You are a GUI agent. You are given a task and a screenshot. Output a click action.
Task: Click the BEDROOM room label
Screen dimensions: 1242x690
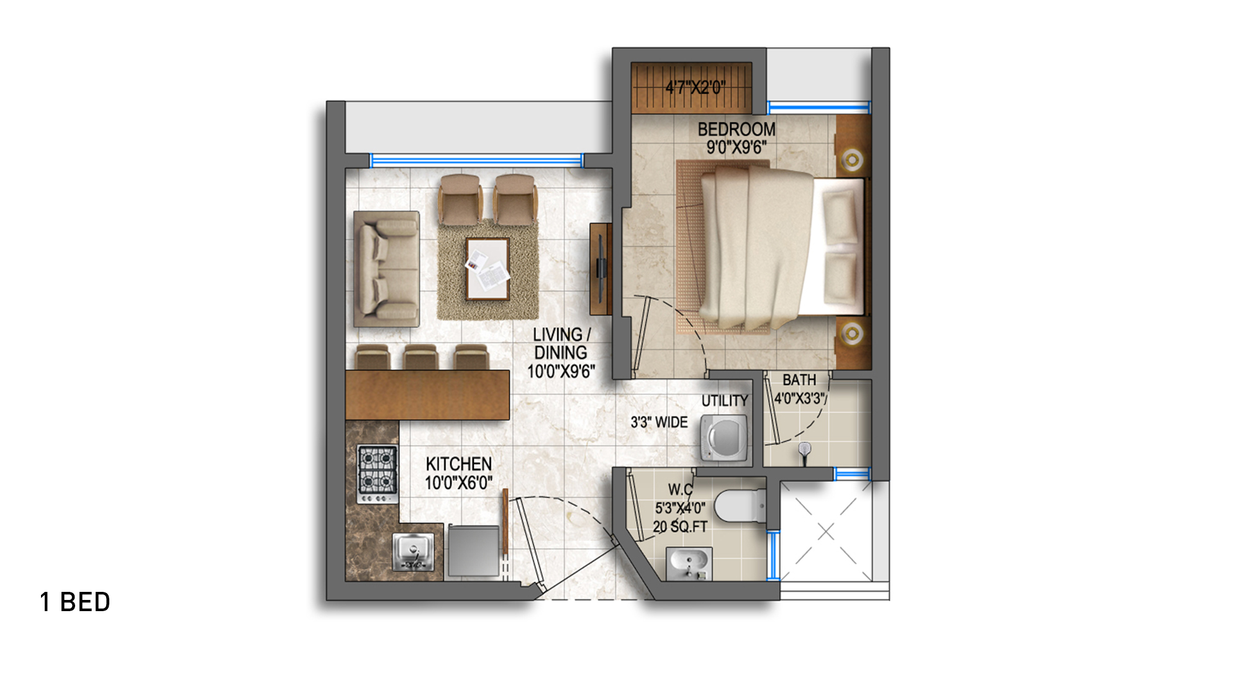(x=737, y=129)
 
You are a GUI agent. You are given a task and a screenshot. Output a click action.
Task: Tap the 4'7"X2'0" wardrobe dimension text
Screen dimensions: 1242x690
(x=696, y=88)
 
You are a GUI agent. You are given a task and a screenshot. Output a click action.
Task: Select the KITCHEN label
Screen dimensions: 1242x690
(x=459, y=464)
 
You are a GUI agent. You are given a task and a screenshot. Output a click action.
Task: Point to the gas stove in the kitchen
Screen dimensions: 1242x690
(x=377, y=474)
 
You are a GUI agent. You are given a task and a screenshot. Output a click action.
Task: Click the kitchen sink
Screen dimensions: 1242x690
(x=413, y=552)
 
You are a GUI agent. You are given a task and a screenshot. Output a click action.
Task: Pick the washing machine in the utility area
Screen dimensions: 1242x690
(x=724, y=438)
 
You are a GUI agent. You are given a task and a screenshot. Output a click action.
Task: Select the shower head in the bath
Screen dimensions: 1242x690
(x=805, y=451)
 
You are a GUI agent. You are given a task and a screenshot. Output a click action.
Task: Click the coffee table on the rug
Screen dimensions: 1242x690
(x=488, y=269)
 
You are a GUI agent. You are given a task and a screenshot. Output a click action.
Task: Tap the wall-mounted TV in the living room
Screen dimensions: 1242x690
(x=601, y=268)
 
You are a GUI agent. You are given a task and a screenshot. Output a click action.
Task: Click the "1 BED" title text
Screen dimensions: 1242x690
(x=75, y=602)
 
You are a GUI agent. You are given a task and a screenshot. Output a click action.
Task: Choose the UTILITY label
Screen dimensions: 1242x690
(x=725, y=401)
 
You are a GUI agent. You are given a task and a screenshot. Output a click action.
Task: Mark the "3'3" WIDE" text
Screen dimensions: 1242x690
(x=660, y=422)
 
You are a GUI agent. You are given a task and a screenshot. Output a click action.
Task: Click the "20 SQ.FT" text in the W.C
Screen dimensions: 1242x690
(x=680, y=527)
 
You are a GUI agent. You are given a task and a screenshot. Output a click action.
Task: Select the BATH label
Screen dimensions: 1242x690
(x=799, y=379)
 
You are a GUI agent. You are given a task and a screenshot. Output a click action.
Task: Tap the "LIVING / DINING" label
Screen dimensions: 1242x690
(x=561, y=343)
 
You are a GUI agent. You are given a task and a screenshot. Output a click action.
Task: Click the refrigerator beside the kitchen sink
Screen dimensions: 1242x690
(x=473, y=550)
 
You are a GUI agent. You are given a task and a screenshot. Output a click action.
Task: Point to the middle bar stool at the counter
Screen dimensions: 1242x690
(x=421, y=358)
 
